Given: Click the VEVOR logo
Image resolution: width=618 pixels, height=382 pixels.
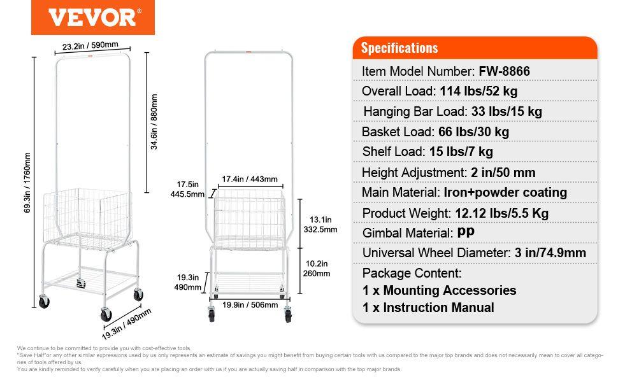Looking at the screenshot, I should [x=93, y=17].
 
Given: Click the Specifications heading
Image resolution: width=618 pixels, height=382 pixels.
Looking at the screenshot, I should [x=399, y=48].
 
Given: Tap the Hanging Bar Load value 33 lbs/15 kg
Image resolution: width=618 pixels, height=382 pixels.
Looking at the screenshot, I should [x=507, y=111].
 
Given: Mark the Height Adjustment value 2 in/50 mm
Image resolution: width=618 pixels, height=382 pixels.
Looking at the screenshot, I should [x=502, y=173].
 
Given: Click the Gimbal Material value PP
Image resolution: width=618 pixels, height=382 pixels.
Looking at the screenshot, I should [x=466, y=233].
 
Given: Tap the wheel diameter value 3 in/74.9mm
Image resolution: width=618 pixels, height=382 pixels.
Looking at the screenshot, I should [x=549, y=253].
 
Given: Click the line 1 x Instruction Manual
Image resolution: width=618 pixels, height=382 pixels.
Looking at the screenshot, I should [x=428, y=308].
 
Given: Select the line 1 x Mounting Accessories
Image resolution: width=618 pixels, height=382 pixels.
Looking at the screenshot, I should [x=440, y=290].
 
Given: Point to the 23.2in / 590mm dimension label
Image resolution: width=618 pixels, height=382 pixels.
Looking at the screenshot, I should [x=90, y=46].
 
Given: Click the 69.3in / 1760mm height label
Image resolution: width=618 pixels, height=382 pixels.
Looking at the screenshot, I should [x=27, y=183].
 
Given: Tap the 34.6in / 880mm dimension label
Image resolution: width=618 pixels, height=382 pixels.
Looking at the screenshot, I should [x=154, y=122].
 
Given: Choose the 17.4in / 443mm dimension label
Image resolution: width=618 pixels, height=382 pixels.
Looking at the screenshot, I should [x=250, y=180].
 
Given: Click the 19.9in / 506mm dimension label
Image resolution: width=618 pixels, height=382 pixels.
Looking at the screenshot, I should [x=250, y=305].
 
